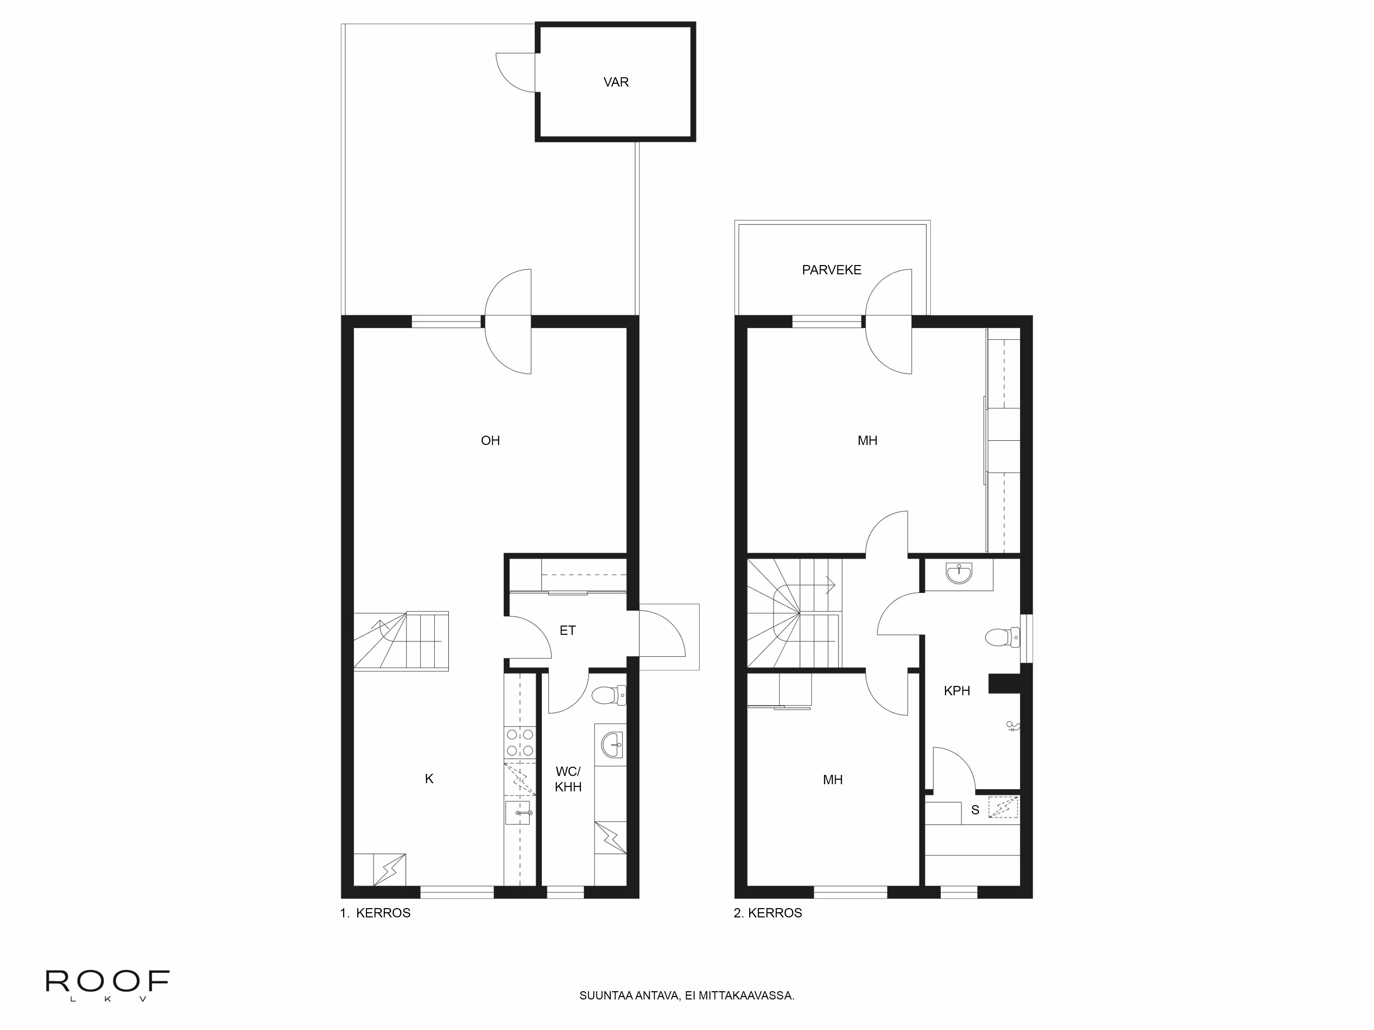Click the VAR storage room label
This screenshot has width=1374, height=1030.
pos(616,82)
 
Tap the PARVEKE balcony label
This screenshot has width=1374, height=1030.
pos(831,270)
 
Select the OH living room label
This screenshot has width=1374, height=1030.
pos(490,441)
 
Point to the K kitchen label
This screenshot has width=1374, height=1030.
pos(429,779)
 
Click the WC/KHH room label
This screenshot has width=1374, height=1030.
pos(568,779)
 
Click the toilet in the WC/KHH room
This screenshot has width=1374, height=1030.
pos(609,695)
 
